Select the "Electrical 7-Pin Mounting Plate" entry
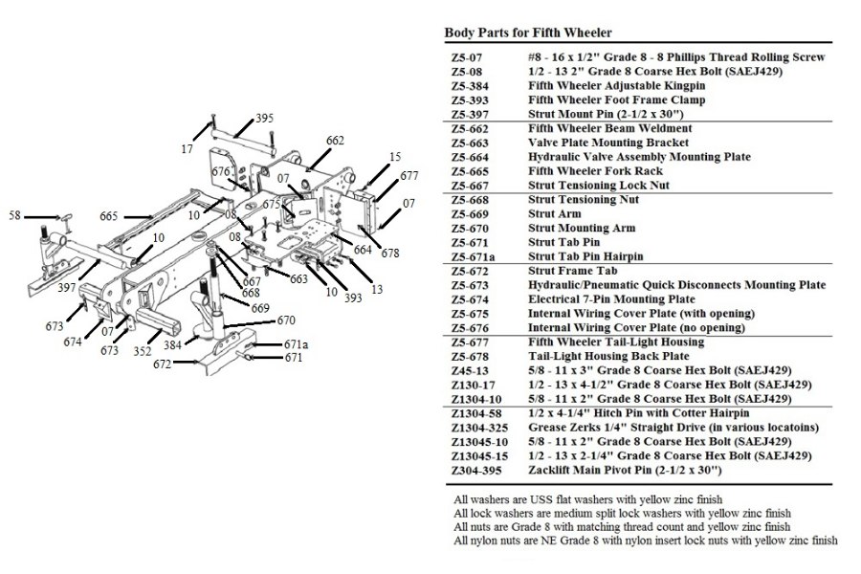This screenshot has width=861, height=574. (x=611, y=299)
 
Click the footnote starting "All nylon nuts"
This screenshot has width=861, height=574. (x=646, y=541)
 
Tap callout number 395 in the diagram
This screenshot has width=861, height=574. (x=264, y=119)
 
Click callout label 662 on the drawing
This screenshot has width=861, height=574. (x=335, y=141)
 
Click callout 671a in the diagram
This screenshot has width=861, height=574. (x=296, y=343)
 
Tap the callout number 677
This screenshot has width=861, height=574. (x=409, y=176)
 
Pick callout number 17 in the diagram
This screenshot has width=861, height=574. (x=188, y=148)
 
